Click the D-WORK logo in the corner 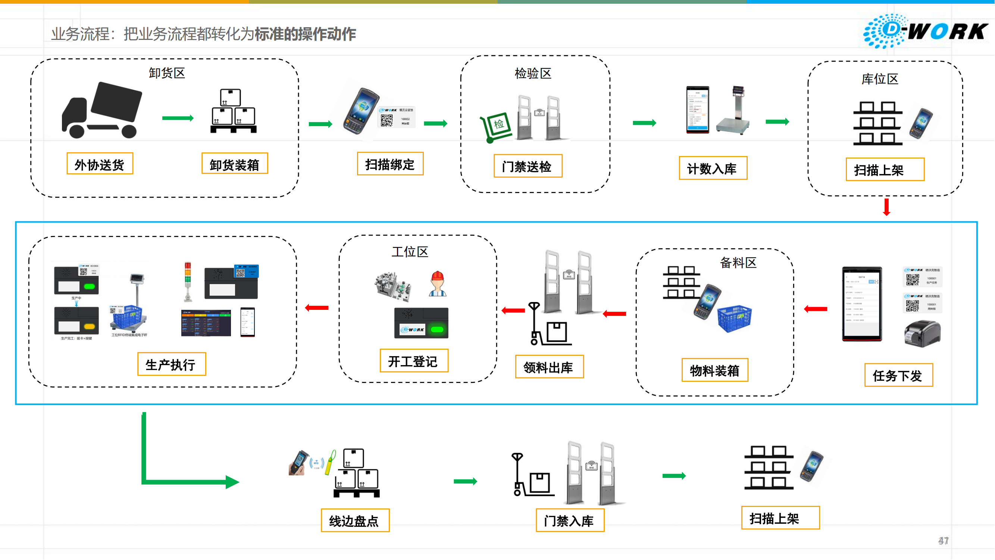[925, 31]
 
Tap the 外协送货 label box [100, 164]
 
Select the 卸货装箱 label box [234, 164]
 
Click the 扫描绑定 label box [390, 164]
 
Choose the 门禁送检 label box [528, 166]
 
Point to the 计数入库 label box [713, 168]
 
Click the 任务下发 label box [898, 375]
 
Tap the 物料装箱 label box [714, 370]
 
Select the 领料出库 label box [549, 367]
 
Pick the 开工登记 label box [414, 361]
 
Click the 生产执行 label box [172, 364]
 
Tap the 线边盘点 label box [354, 520]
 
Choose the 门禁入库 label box [570, 520]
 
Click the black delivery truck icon [102, 110]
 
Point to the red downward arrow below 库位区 [886, 207]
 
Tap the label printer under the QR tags [922, 333]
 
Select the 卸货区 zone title [167, 73]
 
